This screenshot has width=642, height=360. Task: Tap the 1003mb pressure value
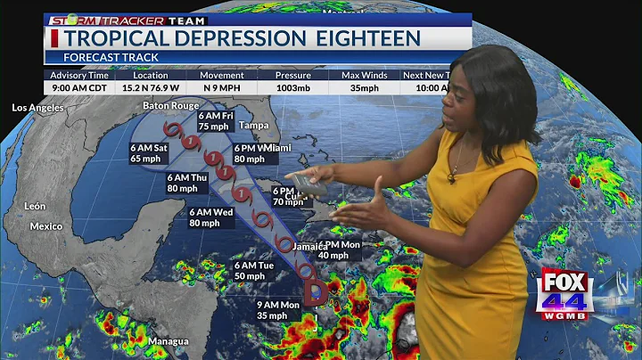(292, 88)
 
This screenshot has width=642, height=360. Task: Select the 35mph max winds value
(363, 88)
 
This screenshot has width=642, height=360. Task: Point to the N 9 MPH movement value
(222, 88)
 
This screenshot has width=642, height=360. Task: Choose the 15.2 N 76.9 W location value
(150, 88)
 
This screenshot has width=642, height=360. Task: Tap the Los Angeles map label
(37, 108)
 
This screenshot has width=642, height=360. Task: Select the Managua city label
(168, 341)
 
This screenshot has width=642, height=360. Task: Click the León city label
(35, 206)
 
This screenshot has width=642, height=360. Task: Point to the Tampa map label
(254, 124)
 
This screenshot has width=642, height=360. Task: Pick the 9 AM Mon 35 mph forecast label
(254, 310)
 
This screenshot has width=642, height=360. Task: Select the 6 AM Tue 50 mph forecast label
(254, 271)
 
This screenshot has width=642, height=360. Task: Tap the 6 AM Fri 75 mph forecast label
(216, 121)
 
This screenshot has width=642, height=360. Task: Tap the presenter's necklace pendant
(452, 177)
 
